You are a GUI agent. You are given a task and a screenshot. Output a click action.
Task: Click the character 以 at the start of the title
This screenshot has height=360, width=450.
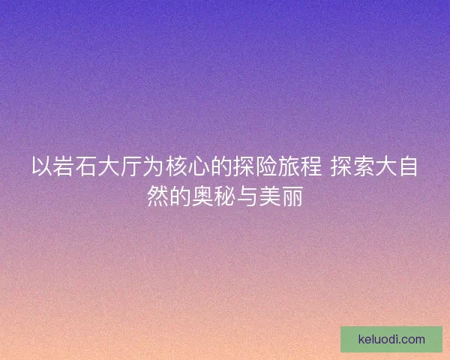[x=42, y=166]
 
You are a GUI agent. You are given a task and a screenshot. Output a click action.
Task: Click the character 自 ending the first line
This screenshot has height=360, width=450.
[x=408, y=166]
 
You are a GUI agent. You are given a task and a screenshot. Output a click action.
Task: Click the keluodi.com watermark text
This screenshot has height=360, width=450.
[x=391, y=339]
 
